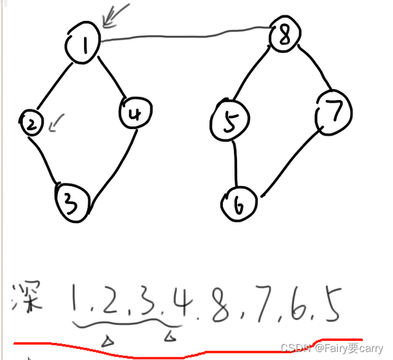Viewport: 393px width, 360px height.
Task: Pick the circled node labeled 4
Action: click(x=136, y=114)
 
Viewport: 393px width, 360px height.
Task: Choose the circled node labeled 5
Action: click(x=230, y=122)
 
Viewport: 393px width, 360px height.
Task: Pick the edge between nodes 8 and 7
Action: click(x=313, y=67)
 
